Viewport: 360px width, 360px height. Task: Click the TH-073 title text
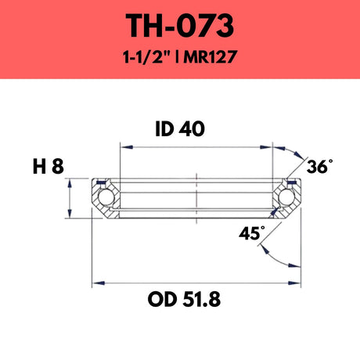tap(180, 26)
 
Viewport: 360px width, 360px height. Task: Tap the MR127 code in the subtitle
tap(210, 57)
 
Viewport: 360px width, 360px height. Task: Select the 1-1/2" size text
tap(147, 56)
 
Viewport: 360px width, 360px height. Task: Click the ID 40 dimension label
tap(180, 129)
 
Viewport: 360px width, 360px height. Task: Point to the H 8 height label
tap(49, 167)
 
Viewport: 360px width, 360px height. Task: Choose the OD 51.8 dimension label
tap(184, 300)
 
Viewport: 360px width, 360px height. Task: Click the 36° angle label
tap(320, 166)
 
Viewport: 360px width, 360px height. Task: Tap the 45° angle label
tap(252, 233)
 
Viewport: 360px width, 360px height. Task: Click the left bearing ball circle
tap(105, 197)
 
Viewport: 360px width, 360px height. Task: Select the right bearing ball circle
tap(286, 196)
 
